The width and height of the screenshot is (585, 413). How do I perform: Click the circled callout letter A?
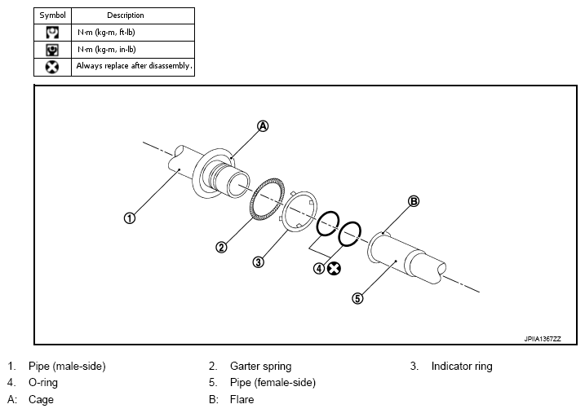coord(263,126)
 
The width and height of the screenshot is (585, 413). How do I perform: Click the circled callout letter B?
coord(414,201)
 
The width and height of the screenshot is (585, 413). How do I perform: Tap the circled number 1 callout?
coord(130,218)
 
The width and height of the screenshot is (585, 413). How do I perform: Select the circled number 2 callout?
coord(221,248)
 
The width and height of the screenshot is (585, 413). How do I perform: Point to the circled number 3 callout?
coord(258,262)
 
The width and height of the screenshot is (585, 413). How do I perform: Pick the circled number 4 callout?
coord(319,268)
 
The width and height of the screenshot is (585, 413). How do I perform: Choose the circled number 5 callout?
coord(357,298)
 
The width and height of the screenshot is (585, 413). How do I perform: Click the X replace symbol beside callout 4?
coord(334,269)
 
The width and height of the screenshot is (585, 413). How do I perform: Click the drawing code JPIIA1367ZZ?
coord(542,339)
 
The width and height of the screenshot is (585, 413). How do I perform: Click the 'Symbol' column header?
coord(52,15)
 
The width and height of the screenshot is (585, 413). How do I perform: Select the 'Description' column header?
coord(126,15)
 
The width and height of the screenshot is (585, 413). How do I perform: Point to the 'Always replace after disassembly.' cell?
coord(133,67)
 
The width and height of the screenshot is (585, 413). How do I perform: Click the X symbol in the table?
coord(52,67)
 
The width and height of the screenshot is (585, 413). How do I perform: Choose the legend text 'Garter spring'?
coord(261,366)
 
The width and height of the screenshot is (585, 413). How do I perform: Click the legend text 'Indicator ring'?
coord(462,366)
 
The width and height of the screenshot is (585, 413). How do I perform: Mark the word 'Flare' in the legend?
coord(242,400)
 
